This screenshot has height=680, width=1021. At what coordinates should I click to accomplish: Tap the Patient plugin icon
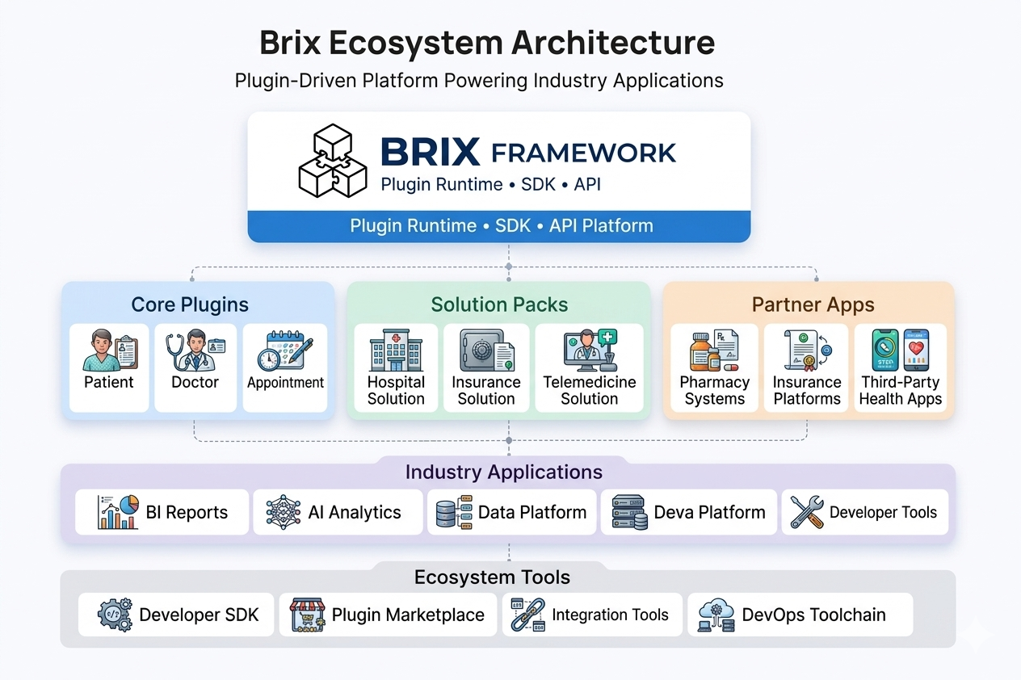pos(110,350)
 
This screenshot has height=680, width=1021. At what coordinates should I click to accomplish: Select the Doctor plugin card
pos(195,367)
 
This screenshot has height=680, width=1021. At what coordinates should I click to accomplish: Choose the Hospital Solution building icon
pos(396,350)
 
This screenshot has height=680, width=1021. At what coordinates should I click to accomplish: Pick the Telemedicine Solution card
pos(589,367)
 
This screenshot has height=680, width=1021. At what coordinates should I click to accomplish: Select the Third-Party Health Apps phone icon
pos(900,349)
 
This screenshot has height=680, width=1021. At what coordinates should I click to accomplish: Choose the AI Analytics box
pos(338,512)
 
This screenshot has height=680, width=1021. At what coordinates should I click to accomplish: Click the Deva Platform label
pos(709,512)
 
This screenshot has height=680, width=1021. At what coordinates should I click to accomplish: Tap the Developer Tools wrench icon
pos(806,512)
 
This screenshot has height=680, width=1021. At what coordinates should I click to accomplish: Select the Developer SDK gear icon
pos(114,615)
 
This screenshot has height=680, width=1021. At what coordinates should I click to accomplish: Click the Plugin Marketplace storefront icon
pos(307,615)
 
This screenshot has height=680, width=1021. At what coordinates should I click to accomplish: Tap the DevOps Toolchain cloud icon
pos(716,615)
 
